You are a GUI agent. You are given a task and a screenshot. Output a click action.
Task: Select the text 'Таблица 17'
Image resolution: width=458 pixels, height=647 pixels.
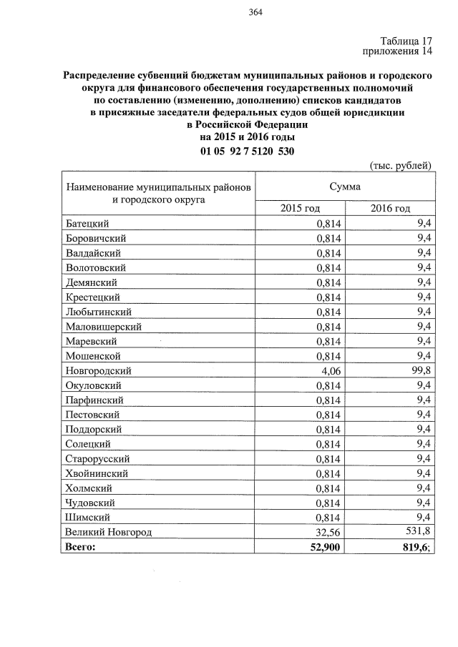point(406,41)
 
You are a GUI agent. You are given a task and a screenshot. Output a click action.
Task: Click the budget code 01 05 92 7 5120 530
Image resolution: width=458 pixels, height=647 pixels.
point(248,151)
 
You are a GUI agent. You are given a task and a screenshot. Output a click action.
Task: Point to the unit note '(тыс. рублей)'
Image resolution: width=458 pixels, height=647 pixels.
point(400,166)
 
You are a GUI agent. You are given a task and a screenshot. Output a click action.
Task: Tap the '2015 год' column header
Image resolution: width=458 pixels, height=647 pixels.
point(300,208)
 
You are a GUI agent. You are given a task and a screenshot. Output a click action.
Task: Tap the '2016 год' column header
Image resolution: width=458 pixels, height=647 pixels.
point(390,208)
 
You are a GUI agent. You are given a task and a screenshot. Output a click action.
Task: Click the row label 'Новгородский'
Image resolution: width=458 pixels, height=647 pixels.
point(98,370)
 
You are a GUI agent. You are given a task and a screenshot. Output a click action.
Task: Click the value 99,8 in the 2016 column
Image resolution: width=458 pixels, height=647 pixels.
point(420,370)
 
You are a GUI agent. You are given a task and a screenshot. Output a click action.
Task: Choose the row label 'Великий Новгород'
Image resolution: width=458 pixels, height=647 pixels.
point(108,531)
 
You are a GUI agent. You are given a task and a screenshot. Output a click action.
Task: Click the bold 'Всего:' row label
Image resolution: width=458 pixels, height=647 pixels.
point(79,546)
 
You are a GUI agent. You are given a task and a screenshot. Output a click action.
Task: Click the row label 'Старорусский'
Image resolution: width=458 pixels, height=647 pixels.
point(97,458)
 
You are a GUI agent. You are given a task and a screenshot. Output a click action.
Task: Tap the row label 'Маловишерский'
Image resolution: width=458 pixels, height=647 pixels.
point(103,326)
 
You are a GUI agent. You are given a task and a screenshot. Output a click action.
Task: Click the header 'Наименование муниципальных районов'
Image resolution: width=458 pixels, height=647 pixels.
point(158,187)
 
